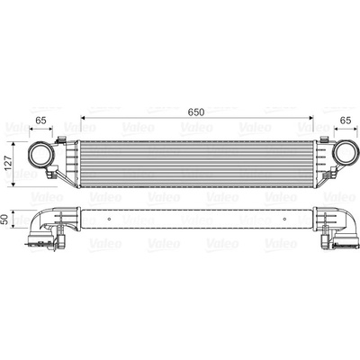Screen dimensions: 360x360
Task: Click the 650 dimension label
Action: point(196,112)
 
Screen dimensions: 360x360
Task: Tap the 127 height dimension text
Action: point(9,164)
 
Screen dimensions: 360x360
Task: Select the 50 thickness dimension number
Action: point(5,220)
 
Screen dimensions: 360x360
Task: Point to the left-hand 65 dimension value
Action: point(40,121)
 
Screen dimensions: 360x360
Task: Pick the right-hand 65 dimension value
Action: point(346,121)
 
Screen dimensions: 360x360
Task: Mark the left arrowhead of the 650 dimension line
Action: point(83,118)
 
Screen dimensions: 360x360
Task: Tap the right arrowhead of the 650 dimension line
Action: point(311,118)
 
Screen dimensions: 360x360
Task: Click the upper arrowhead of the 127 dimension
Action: point(13,144)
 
